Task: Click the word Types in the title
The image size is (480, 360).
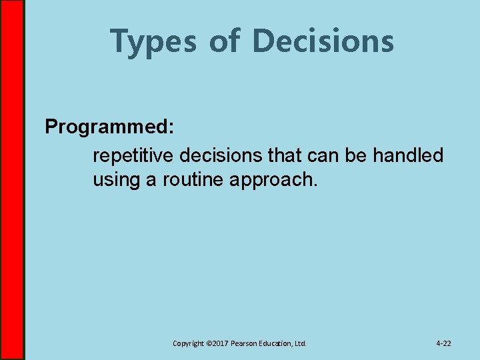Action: click(x=153, y=41)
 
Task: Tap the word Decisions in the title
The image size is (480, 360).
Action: click(x=323, y=41)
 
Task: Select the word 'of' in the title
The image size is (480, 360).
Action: click(x=225, y=41)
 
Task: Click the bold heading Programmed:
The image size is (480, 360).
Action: click(x=110, y=127)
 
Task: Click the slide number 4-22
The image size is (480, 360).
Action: click(x=443, y=343)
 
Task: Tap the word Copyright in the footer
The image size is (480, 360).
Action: click(x=188, y=343)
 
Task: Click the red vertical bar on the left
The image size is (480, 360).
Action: click(x=12, y=180)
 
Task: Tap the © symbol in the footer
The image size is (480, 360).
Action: click(x=208, y=343)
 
